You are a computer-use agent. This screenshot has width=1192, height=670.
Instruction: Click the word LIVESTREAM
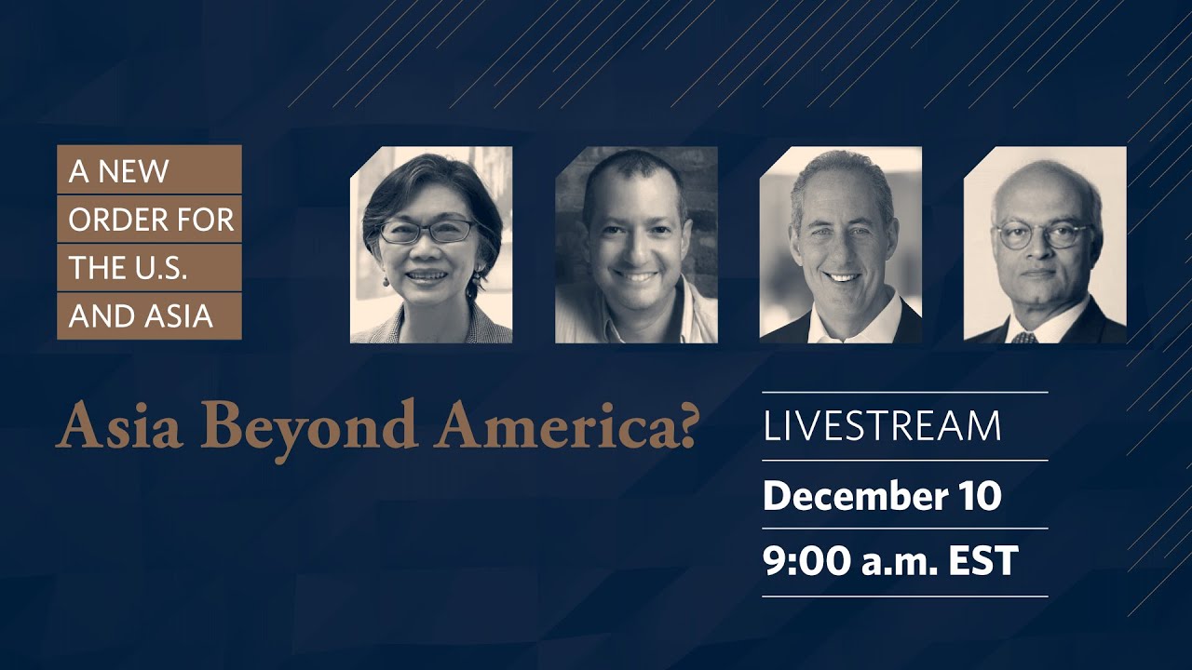pos(882,426)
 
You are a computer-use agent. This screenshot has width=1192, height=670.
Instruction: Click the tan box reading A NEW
pos(149,170)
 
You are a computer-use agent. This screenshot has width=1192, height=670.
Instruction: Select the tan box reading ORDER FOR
pos(149,220)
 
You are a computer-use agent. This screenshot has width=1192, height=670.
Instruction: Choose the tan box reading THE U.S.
pos(149,268)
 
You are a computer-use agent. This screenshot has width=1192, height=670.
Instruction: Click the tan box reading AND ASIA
pos(149,316)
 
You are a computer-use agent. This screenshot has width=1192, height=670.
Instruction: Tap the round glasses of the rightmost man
pos(1042,234)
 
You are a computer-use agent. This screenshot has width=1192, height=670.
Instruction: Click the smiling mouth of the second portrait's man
pos(637,277)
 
